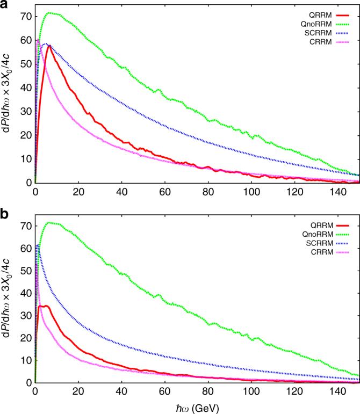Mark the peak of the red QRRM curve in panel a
pyautogui.click(x=49, y=46)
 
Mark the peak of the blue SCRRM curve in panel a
pyautogui.click(x=46, y=44)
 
